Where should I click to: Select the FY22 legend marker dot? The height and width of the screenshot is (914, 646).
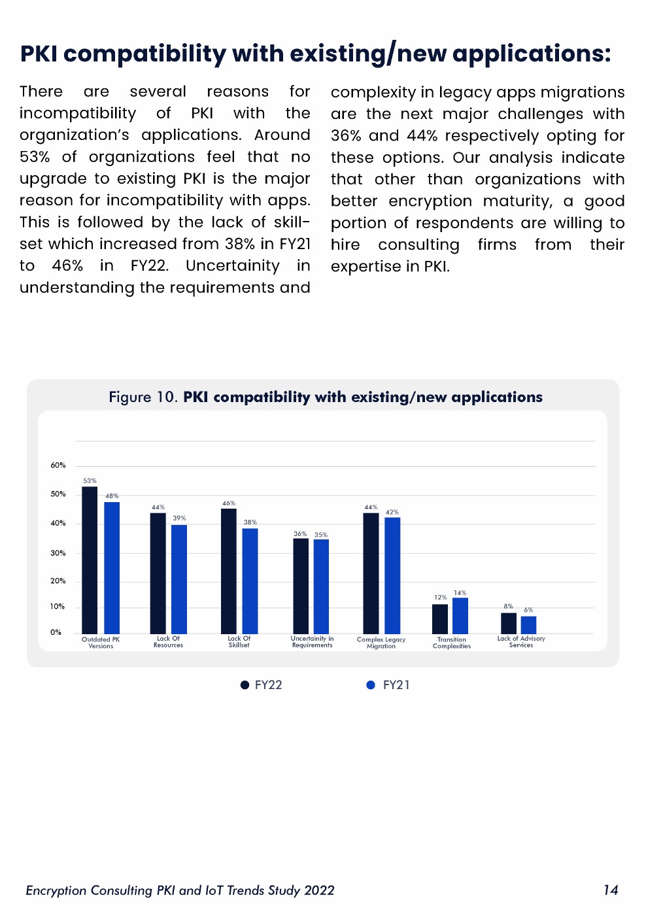[245, 685]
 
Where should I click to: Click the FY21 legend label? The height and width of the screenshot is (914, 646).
[396, 685]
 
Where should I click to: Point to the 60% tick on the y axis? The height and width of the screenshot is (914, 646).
[58, 465]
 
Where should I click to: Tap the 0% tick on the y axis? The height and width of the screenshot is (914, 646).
[56, 632]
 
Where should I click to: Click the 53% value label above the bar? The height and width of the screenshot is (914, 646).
[90, 481]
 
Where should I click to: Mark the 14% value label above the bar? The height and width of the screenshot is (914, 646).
[460, 593]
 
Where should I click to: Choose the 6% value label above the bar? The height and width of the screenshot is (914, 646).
[528, 610]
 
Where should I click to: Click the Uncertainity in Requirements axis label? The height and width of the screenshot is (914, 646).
[313, 642]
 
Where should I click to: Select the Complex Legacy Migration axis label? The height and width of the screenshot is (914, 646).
[381, 643]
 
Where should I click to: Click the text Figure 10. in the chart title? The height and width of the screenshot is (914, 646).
[143, 398]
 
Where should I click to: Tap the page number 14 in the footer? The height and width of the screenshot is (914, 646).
[611, 890]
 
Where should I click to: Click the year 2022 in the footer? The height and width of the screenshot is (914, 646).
[319, 890]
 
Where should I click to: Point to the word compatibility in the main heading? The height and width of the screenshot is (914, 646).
[144, 54]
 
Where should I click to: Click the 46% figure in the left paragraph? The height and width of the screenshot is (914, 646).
[67, 266]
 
